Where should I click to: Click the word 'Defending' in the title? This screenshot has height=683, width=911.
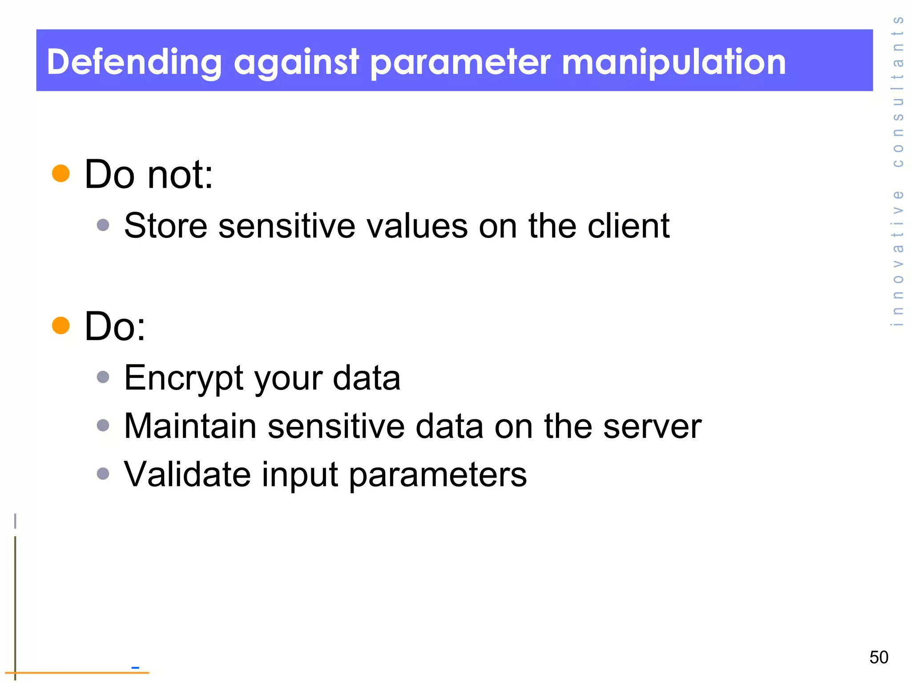pos(134,62)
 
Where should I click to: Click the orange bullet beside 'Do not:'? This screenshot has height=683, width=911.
pos(61,173)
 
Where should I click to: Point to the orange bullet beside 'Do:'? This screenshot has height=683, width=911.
pos(61,325)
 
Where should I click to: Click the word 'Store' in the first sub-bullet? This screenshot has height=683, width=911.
pos(165,226)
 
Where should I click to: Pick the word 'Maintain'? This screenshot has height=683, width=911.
pos(190,426)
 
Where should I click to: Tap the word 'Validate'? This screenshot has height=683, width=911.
pos(187,474)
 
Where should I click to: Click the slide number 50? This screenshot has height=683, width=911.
pos(879,657)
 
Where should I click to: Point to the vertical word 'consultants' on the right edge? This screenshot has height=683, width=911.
pos(898,92)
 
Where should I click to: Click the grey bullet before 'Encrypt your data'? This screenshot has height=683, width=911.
pos(103,378)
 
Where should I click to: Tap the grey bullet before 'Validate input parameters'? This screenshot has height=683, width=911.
pos(103,474)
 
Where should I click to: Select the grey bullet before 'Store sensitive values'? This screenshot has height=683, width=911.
pos(103,225)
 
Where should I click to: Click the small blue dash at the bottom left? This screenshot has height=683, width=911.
pos(136,667)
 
